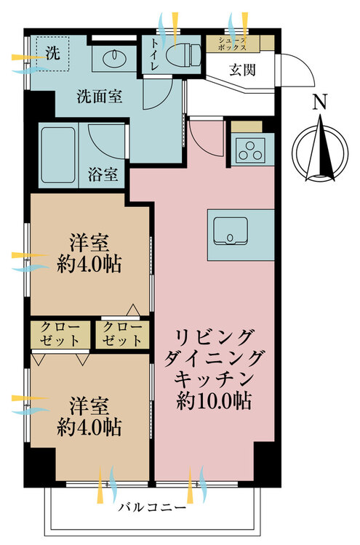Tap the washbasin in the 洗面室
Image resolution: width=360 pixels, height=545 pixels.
pos(114,57)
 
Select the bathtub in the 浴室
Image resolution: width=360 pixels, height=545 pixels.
pos(58,155)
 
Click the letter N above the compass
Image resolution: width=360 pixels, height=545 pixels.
pos(320,102)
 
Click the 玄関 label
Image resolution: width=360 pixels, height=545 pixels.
pos(242,70)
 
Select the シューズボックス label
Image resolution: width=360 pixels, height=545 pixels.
pos(232,44)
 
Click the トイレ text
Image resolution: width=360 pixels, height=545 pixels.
pos(154,54)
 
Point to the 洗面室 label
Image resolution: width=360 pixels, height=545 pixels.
pos(100,96)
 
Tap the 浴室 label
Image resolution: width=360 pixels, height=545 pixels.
pos(103,174)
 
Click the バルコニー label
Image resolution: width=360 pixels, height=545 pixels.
pos(152,507)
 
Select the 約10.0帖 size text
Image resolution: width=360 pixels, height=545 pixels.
pos(214,401)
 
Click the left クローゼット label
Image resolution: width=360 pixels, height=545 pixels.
pos(60,334)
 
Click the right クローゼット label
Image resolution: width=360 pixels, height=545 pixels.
pos(122,334)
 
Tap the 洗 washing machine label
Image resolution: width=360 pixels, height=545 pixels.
pos(53,53)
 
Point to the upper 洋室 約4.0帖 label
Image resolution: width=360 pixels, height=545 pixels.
pos(89,254)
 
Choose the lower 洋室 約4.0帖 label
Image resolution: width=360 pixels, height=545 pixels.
pos(89,416)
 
